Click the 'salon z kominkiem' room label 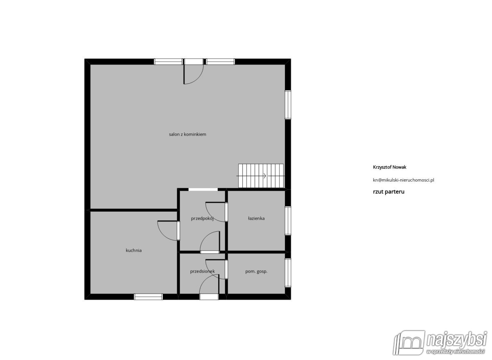click(188, 134)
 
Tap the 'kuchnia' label click(134, 251)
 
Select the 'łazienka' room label click(256, 218)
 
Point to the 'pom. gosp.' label click(256, 271)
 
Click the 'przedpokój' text click(202, 219)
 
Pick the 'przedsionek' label click(202, 271)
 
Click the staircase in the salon click(261, 176)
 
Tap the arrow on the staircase click(260, 176)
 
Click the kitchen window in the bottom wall click(148, 297)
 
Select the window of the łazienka click(288, 221)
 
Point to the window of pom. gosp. click(288, 273)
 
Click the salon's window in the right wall click(288, 105)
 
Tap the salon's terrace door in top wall click(194, 71)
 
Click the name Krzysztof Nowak click(389, 167)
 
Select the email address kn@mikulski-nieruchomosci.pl click(403, 180)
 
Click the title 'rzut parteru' click(389, 192)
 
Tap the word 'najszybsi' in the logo click(457, 339)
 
